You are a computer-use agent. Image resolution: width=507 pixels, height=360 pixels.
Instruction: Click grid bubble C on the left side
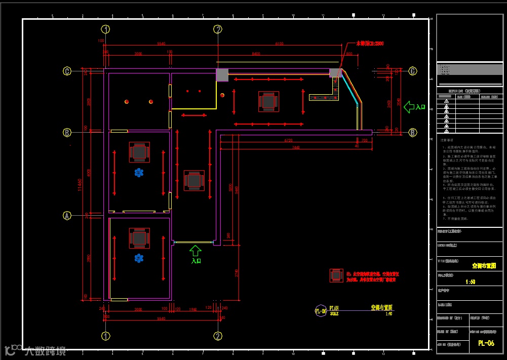coord(67,71)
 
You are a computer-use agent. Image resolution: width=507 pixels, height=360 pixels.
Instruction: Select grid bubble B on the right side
coord(413,133)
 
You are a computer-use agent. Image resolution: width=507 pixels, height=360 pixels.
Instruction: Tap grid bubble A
coord(67,216)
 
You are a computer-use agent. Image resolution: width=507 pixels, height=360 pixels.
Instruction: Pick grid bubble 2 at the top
coord(218,29)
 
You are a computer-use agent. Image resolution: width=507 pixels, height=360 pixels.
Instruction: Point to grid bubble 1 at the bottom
coord(106,336)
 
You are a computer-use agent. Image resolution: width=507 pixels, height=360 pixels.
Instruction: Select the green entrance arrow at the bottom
coord(196,250)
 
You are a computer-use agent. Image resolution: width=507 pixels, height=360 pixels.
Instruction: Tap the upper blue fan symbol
coord(139,173)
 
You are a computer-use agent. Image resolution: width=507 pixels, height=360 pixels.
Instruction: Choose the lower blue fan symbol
coord(139,258)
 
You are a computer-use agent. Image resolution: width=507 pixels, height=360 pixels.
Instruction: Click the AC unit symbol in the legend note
coord(336,275)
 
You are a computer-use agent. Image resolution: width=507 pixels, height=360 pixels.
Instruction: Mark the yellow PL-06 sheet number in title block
coord(486,343)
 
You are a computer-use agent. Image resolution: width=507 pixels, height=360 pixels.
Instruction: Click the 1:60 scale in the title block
coord(471,282)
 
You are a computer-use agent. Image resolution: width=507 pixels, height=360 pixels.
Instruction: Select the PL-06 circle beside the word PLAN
coord(320,311)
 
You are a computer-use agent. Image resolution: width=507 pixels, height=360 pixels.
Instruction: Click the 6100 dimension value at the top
coord(280,44)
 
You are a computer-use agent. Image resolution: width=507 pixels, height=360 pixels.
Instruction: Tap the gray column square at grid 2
coord(222,75)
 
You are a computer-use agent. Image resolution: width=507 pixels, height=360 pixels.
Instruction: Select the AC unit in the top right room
coord(268,101)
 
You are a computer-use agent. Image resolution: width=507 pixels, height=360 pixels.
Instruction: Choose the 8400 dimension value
coord(256,53)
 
